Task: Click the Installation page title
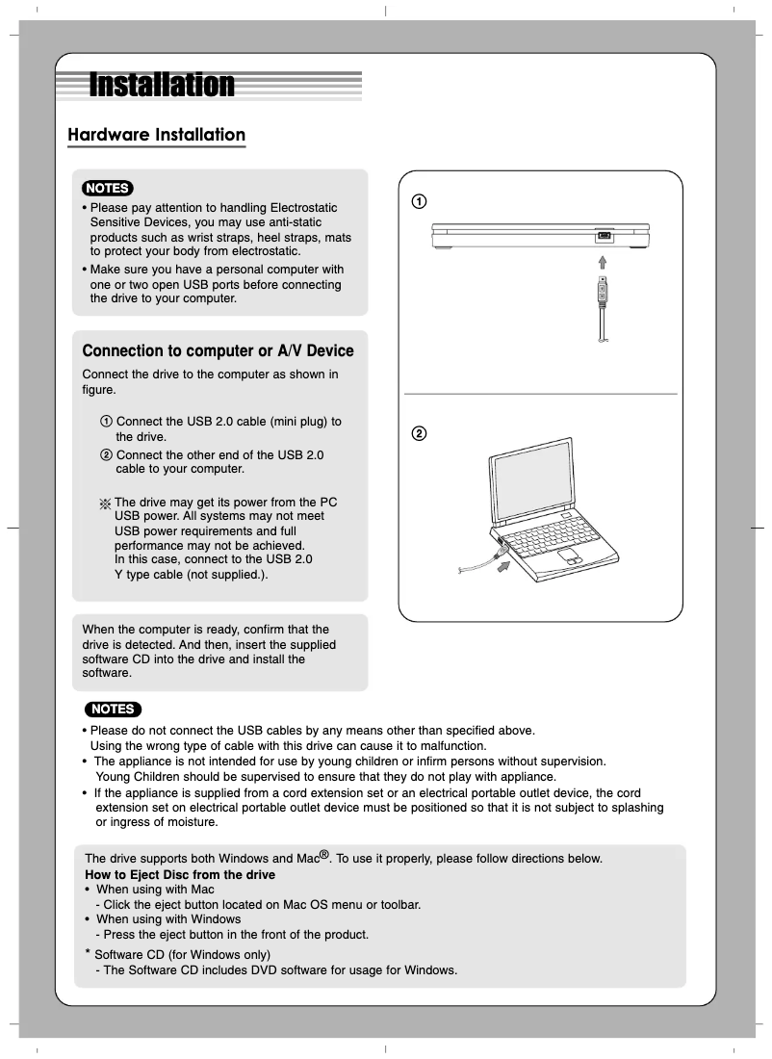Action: (x=162, y=85)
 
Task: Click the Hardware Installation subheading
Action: (x=156, y=135)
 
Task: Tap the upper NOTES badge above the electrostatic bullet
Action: (x=107, y=188)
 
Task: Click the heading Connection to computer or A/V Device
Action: (x=218, y=351)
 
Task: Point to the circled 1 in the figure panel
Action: (x=420, y=201)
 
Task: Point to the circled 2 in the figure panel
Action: (x=420, y=433)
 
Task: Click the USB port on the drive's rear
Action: (x=604, y=236)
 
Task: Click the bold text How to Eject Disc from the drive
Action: (x=180, y=874)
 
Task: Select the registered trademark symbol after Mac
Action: (x=324, y=854)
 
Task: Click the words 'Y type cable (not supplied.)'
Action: (x=191, y=575)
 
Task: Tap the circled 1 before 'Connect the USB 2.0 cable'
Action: (x=106, y=422)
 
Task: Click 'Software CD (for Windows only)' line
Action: (x=175, y=954)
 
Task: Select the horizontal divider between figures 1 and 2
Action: (x=540, y=394)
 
